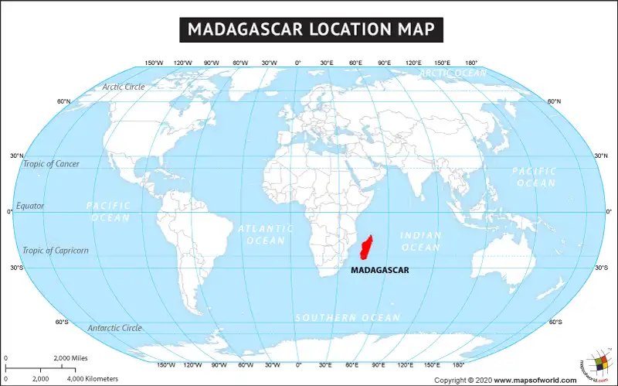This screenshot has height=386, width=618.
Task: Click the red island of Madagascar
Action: point(368,248)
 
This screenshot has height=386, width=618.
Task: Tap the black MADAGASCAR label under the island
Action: point(380,271)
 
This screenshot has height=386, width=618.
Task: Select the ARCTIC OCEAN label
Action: point(453,73)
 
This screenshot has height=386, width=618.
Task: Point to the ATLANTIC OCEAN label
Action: point(266,234)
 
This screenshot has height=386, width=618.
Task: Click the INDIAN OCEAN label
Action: point(421,241)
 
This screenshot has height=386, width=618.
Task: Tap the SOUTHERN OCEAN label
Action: point(348,318)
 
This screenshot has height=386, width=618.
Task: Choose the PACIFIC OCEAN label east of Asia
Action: point(534,176)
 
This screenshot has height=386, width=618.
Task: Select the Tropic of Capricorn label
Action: point(55,251)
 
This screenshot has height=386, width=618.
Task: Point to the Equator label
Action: point(30,206)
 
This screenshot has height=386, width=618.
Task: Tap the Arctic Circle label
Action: point(124,87)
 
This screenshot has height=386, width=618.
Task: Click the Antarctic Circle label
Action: point(114,328)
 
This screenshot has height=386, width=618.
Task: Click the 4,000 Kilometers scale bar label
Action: point(93,379)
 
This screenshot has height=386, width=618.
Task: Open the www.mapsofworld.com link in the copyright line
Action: point(535,380)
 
